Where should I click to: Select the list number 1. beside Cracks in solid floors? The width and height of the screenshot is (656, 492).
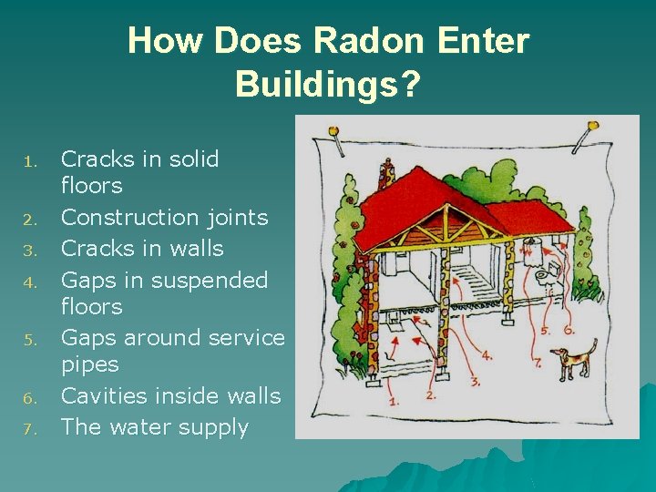click(29, 162)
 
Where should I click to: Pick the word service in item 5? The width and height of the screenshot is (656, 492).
click(246, 337)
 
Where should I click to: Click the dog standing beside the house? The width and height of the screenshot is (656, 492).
click(575, 359)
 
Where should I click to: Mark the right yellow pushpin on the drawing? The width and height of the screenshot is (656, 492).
click(593, 126)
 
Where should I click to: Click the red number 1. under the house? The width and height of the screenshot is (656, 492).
click(393, 400)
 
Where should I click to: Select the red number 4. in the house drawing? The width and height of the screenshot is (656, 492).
click(487, 355)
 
